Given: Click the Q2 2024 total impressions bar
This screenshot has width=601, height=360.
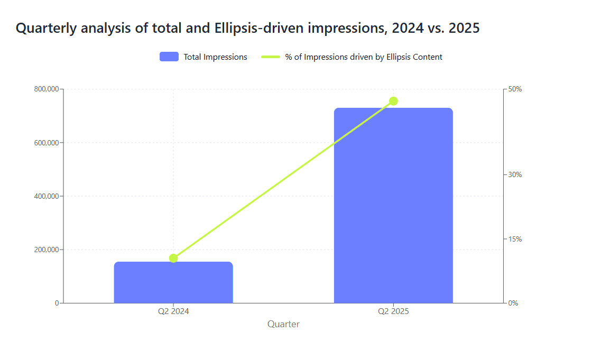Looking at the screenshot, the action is pyautogui.click(x=173, y=283).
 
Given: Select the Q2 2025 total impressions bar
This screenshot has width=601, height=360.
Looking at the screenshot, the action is pyautogui.click(x=393, y=206).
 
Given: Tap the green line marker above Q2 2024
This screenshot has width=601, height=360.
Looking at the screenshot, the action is pyautogui.click(x=173, y=258).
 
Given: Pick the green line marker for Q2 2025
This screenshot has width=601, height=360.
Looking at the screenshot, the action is pyautogui.click(x=393, y=101).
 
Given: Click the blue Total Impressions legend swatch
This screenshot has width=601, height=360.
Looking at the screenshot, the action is pyautogui.click(x=169, y=57).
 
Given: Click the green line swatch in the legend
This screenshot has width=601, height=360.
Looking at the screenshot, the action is pyautogui.click(x=271, y=57).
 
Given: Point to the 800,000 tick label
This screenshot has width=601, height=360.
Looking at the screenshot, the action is pyautogui.click(x=47, y=89).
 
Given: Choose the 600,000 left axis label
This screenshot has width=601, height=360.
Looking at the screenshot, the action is pyautogui.click(x=47, y=143).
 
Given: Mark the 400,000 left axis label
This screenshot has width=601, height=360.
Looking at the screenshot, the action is pyautogui.click(x=47, y=196).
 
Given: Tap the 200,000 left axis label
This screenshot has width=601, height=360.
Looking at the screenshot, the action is pyautogui.click(x=47, y=250).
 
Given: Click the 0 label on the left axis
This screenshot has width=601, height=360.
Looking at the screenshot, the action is pyautogui.click(x=57, y=303).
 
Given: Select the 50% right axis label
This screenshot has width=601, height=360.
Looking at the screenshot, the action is pyautogui.click(x=515, y=89).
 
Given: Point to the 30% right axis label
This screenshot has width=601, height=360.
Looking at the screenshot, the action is pyautogui.click(x=515, y=174).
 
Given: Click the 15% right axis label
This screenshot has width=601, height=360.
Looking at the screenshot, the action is pyautogui.click(x=515, y=239).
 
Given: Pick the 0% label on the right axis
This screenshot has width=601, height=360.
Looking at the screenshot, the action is pyautogui.click(x=513, y=303).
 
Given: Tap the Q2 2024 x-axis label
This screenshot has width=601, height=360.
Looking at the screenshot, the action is pyautogui.click(x=173, y=311).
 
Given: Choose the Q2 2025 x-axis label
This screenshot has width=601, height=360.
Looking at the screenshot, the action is pyautogui.click(x=393, y=311).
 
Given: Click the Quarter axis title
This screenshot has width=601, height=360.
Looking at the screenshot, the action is pyautogui.click(x=283, y=325).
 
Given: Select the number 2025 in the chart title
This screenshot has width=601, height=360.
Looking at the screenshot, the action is pyautogui.click(x=464, y=28).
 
